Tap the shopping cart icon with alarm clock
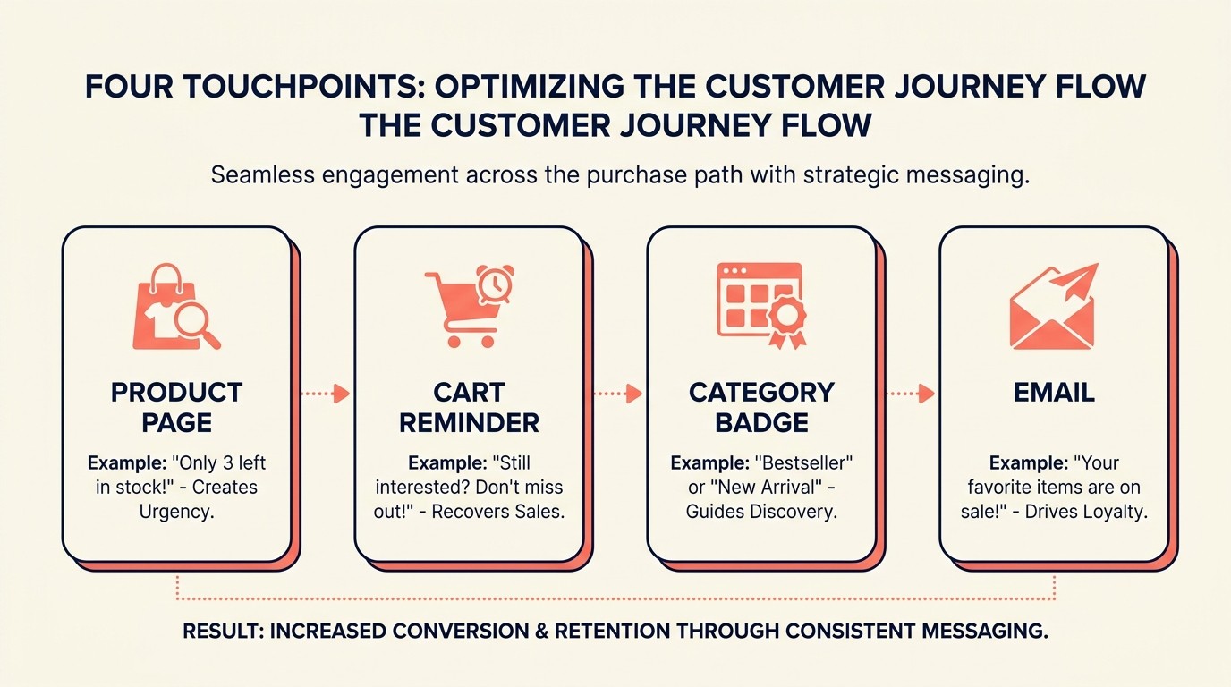(467, 307)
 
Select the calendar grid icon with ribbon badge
(760, 305)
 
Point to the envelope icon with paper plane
(1053, 307)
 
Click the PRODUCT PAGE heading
(176, 407)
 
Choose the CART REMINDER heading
(469, 407)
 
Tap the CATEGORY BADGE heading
(761, 407)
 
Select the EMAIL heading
(1054, 393)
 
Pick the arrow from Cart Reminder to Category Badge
(618, 394)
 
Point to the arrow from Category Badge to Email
(911, 394)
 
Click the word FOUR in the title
(129, 87)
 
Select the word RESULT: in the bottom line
(223, 631)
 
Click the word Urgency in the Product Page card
(176, 511)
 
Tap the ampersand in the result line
(539, 631)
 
